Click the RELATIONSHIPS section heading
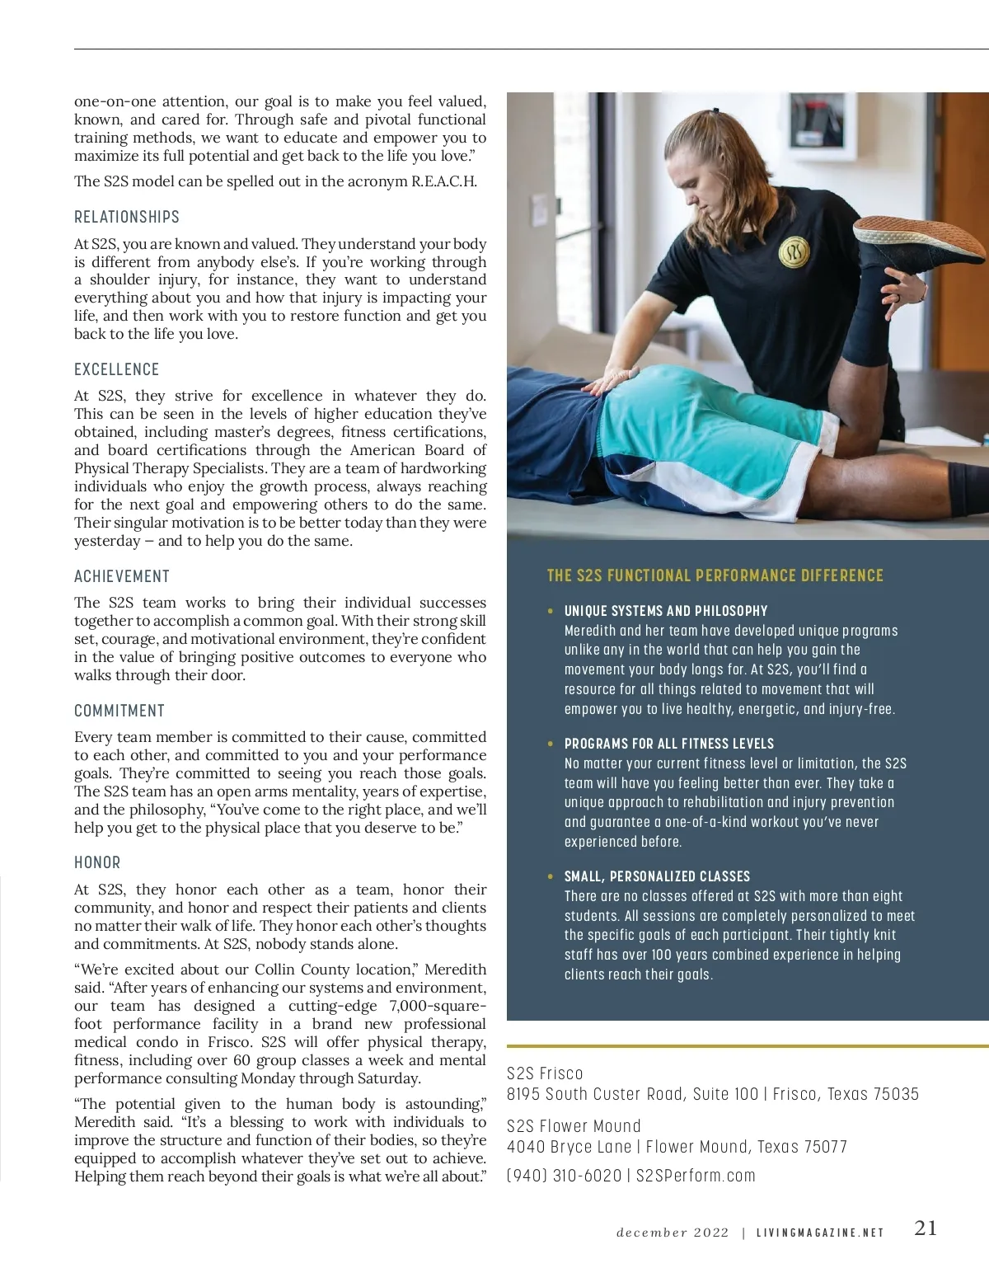click(x=127, y=217)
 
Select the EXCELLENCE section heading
click(x=117, y=369)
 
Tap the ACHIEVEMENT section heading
click(x=122, y=576)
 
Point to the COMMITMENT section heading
click(x=120, y=711)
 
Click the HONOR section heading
click(x=97, y=862)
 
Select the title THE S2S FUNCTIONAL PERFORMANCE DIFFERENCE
click(x=715, y=575)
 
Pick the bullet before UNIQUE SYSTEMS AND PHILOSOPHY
click(x=551, y=611)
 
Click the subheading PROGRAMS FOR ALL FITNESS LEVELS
click(x=668, y=744)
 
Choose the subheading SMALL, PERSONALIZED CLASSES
click(x=657, y=876)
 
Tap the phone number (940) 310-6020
click(x=564, y=1176)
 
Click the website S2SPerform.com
click(x=696, y=1176)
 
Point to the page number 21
click(x=926, y=1228)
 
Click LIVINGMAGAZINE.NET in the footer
click(x=820, y=1233)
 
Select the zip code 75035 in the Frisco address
click(x=895, y=1094)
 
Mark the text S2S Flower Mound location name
click(x=574, y=1126)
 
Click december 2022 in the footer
click(x=673, y=1233)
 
